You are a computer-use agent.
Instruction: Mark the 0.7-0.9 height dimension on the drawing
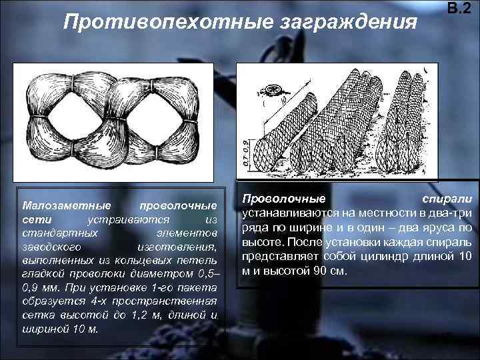pos(246,152)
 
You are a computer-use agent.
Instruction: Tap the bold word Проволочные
pos(284,199)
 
